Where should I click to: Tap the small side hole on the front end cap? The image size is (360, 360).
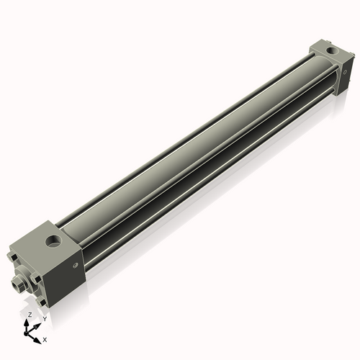click(x=76, y=266)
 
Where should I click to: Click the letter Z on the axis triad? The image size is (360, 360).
click(x=30, y=315)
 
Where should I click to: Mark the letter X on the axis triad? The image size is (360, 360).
click(x=45, y=338)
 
